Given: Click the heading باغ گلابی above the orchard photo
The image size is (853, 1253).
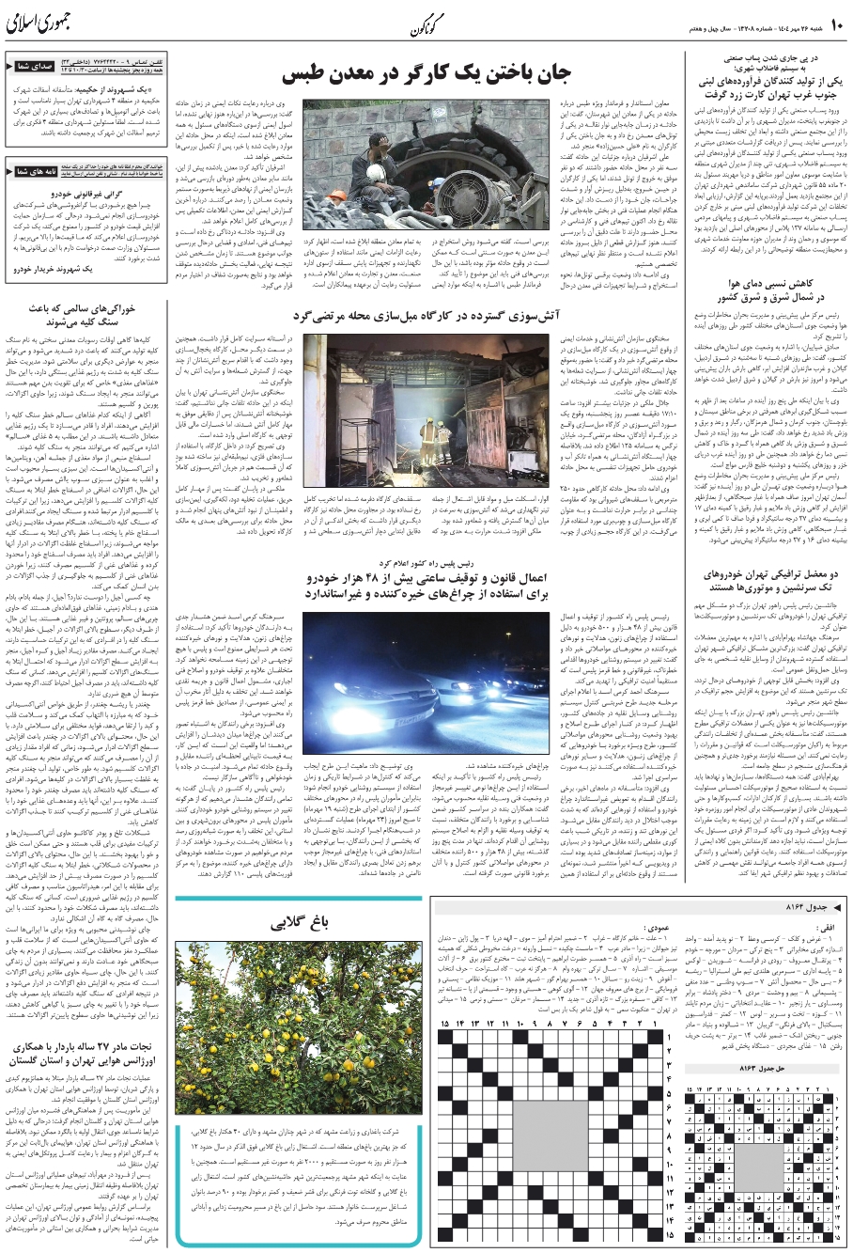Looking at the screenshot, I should tap(299, 924).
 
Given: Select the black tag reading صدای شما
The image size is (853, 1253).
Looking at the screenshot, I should tap(32, 67).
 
